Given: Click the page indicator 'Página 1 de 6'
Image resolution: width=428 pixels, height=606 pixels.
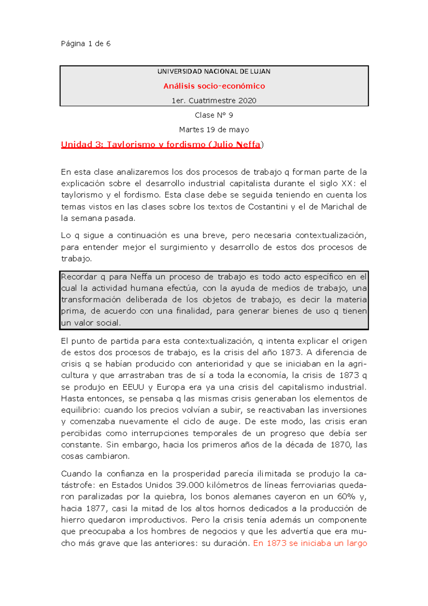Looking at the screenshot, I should (x=86, y=44).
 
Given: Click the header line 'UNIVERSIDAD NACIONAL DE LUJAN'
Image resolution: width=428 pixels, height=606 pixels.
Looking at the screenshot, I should (x=214, y=71).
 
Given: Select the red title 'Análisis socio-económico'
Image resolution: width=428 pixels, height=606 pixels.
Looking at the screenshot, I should (x=214, y=86).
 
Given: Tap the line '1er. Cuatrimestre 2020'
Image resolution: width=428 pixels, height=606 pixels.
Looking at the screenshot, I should (x=214, y=101).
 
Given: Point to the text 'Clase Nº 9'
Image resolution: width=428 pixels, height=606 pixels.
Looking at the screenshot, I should (x=214, y=115).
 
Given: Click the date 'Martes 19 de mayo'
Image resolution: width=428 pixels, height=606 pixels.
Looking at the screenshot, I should (x=214, y=130).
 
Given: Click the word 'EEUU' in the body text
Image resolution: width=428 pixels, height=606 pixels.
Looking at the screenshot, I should (x=133, y=387).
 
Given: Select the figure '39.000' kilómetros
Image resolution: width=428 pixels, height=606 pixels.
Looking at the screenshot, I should (x=190, y=485).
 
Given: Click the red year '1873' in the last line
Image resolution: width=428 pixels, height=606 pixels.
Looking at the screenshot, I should (x=276, y=543).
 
